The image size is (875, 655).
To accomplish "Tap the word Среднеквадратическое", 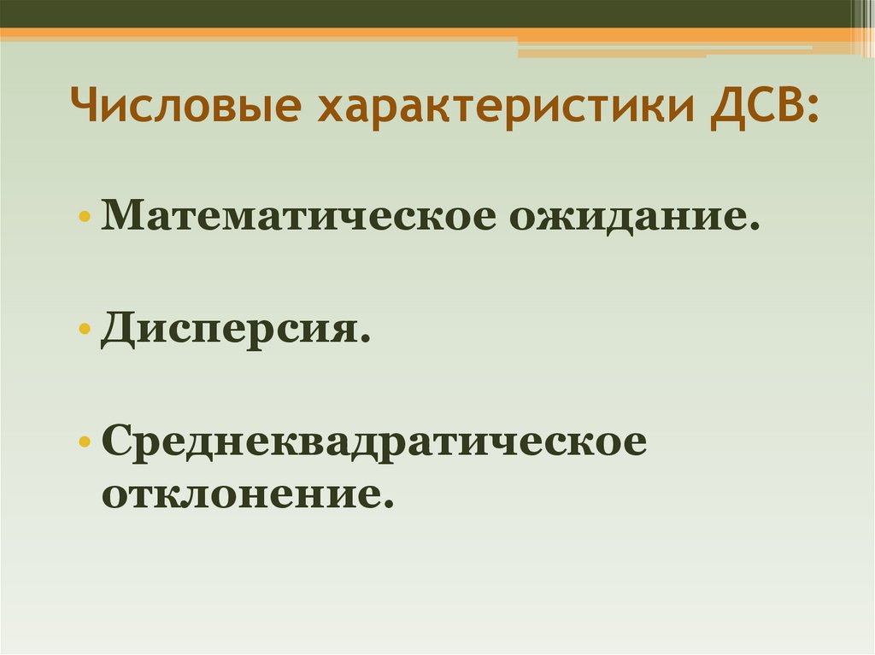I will [375, 443].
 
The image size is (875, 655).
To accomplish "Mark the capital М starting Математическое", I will [120, 215].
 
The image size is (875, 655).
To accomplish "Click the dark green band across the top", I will [427, 13].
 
